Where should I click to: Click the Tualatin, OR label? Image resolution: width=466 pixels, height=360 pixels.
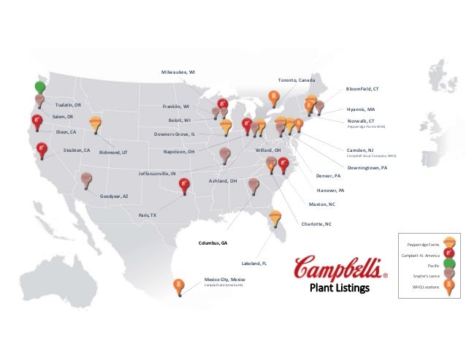(x=68, y=105)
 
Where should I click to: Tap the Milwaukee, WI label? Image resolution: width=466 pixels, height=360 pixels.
(x=177, y=72)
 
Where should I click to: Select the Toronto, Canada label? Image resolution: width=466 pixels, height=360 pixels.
(x=297, y=80)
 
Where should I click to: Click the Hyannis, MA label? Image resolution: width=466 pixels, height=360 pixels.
(x=361, y=109)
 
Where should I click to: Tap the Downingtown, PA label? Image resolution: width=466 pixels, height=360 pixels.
(x=367, y=167)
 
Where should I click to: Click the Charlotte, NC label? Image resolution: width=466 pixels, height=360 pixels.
(x=316, y=223)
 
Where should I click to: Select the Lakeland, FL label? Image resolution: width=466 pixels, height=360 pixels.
(x=253, y=263)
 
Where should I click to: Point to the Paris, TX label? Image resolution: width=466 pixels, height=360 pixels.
(x=148, y=215)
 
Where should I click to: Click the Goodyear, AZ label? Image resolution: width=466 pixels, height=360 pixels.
(x=114, y=196)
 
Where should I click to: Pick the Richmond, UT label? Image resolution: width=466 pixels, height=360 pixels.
(x=113, y=152)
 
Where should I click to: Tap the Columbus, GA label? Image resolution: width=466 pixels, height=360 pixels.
(x=213, y=242)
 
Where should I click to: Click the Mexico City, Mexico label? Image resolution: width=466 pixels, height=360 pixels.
(x=224, y=279)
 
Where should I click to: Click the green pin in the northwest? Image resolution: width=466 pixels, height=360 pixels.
(x=39, y=87)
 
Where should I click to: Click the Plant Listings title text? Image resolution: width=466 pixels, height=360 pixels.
(x=340, y=288)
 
